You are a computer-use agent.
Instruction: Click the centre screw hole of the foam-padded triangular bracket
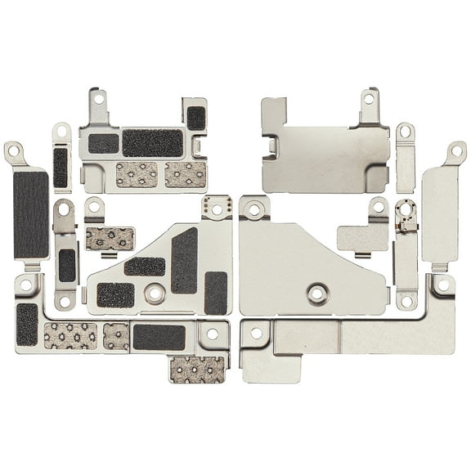pos(153,291)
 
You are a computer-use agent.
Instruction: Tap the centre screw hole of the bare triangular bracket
pos(315,291)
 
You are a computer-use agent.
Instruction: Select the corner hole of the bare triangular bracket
pos(254,209)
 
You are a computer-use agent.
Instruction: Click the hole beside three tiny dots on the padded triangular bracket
pos(217,209)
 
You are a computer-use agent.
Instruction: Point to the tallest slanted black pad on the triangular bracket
pos(184,260)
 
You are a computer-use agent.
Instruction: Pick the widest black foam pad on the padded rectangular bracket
pos(152,143)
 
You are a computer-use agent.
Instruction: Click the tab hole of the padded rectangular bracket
pos(99,99)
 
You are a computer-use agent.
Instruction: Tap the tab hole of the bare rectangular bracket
pos(368,99)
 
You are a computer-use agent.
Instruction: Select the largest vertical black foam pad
pos(30,213)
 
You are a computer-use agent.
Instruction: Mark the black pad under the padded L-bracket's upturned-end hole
pos(27,324)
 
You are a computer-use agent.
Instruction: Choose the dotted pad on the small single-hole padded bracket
pos(110,239)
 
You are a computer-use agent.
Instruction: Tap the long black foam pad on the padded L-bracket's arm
pos(159,336)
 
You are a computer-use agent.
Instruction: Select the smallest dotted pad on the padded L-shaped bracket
pos(116,336)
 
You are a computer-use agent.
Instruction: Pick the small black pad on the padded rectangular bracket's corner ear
pos(195,118)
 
